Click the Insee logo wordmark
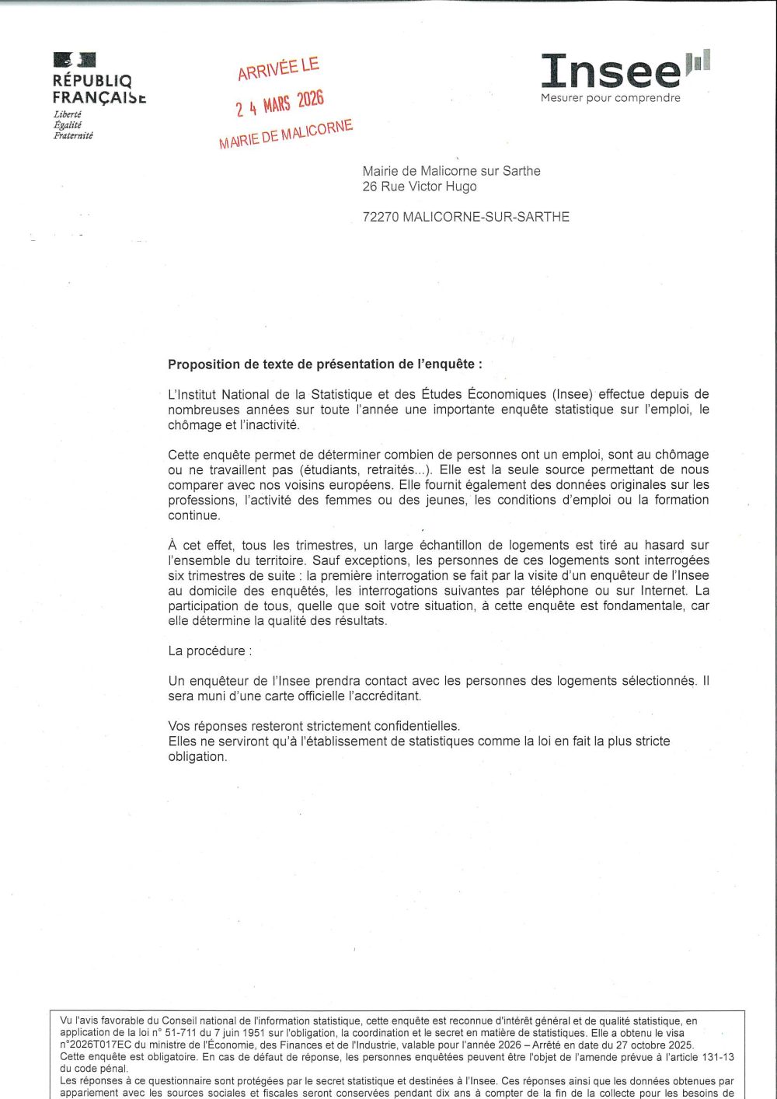(x=611, y=72)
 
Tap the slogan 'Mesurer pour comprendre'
(x=611, y=98)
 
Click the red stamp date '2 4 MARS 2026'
(x=280, y=103)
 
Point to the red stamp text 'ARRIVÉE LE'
(x=278, y=68)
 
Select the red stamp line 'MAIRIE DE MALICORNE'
(x=286, y=134)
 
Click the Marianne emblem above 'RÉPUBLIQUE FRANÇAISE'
(x=75, y=60)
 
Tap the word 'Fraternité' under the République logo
(x=73, y=135)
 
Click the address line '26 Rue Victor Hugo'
(x=420, y=187)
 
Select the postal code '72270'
(x=381, y=217)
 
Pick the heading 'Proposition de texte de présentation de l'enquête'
(x=325, y=364)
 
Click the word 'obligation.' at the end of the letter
(x=197, y=756)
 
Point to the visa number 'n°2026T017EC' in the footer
(x=96, y=1045)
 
